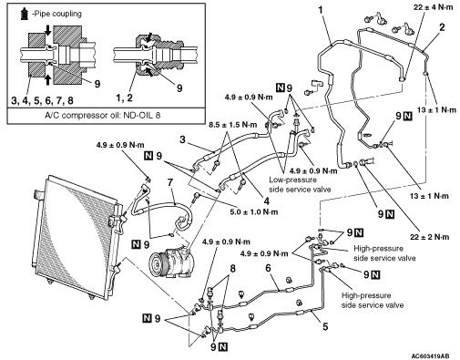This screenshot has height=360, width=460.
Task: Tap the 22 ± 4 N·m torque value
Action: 433,7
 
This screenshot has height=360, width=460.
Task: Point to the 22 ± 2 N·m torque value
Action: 430,237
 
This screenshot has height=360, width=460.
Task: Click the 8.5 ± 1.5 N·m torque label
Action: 232,125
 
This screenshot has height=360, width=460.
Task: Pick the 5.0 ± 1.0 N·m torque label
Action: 253,211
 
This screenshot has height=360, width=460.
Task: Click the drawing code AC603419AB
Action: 431,355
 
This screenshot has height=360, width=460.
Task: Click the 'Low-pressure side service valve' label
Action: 300,184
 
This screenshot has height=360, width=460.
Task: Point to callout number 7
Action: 170,182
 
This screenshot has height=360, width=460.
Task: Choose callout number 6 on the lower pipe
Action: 268,268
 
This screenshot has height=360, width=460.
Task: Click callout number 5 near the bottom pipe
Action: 325,326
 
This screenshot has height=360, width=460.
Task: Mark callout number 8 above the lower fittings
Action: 232,269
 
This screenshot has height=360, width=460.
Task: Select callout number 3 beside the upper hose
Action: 182,139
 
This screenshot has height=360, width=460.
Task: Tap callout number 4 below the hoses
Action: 267,201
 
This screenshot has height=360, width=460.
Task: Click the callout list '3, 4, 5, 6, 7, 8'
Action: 42,100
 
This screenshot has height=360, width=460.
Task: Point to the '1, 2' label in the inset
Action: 124,98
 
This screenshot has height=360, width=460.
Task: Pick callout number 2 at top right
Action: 442,27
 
